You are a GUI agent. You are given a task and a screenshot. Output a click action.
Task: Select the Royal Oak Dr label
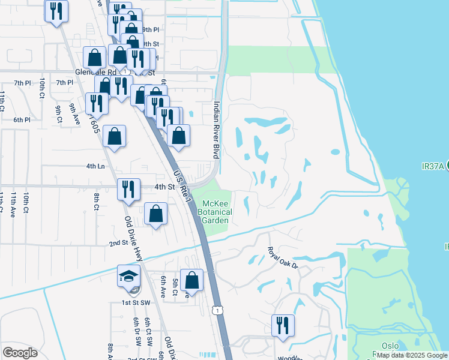click(283, 257)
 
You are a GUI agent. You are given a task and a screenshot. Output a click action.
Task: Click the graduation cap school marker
click(128, 277)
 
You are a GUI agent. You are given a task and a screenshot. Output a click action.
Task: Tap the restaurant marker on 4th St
click(128, 190)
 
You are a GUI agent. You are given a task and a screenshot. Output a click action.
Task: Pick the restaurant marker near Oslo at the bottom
click(283, 326)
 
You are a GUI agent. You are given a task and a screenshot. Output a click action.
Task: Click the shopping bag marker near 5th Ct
click(192, 281)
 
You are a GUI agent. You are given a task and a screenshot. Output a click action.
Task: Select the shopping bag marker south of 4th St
click(155, 215)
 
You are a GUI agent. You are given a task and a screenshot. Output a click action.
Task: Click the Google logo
click(20, 353)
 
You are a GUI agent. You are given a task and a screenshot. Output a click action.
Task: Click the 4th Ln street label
click(95, 166)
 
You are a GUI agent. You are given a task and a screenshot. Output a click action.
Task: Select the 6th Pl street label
click(22, 119)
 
